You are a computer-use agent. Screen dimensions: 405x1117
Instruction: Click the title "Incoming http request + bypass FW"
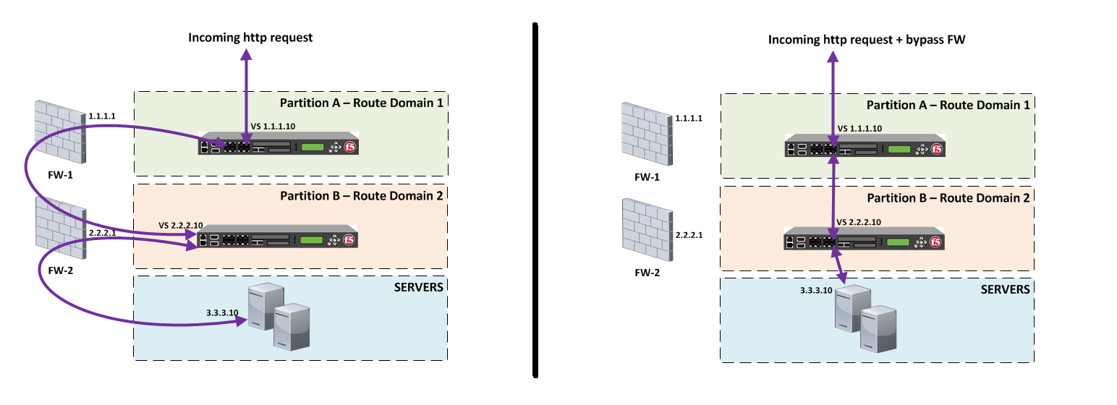[x=867, y=40]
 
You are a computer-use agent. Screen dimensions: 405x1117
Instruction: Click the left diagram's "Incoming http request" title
[x=250, y=37]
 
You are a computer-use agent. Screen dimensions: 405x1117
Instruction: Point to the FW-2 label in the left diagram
[x=59, y=272]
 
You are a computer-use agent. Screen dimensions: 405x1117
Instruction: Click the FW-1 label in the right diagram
[x=646, y=177]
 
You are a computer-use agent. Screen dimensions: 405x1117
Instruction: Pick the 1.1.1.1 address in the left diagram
[x=103, y=115]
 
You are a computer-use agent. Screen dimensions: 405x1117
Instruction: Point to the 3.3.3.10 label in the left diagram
[x=222, y=313]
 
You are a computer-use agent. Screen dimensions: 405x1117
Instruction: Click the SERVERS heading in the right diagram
[x=1004, y=289]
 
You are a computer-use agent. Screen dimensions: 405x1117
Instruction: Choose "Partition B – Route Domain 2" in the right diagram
[x=948, y=197]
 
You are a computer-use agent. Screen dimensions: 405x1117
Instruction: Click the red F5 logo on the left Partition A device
[x=351, y=147]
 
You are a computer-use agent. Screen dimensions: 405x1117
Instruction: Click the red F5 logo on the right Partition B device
[x=937, y=242]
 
